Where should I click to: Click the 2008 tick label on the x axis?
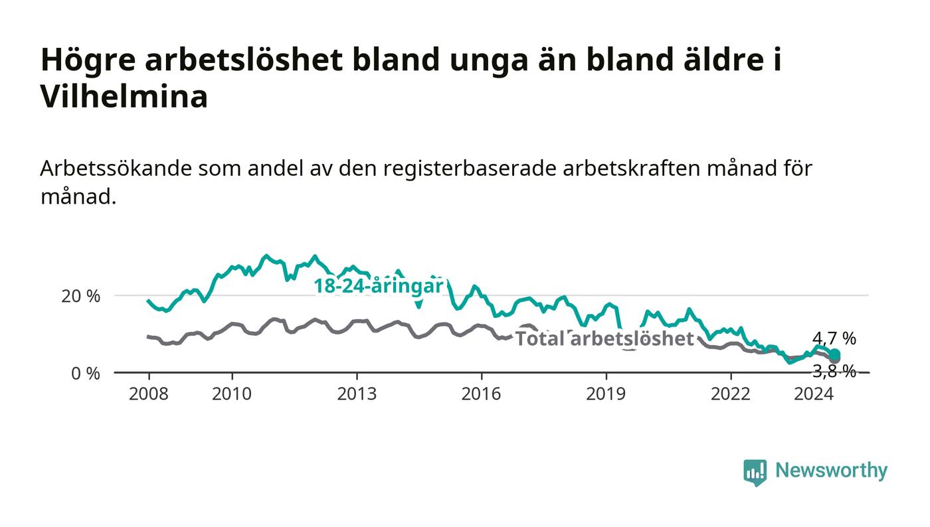149,394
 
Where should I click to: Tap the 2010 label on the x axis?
232,394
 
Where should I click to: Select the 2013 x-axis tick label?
357,394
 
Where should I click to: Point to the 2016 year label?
481,394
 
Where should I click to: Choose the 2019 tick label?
606,394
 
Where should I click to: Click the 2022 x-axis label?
731,394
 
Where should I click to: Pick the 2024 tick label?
814,394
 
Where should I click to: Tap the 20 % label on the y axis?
81,296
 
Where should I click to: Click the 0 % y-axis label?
86,374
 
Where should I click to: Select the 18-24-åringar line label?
379,286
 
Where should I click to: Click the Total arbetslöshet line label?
604,339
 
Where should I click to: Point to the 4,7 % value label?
834,339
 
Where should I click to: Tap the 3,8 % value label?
834,372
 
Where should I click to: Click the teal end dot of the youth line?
834,354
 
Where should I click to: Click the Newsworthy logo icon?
755,473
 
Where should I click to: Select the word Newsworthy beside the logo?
831,471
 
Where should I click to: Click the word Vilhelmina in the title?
124,97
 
